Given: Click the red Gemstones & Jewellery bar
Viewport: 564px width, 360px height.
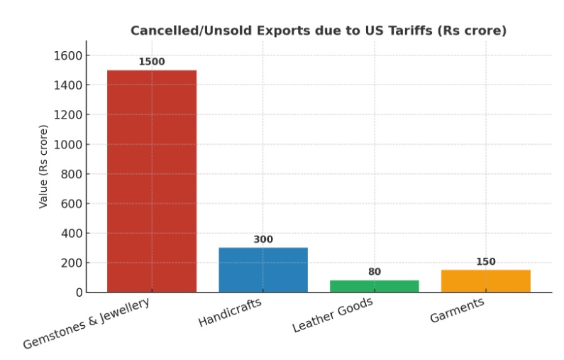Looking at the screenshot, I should tap(151, 181).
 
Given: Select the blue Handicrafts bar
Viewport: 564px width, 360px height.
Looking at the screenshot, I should tap(262, 270).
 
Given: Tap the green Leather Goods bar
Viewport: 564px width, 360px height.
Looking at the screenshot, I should tap(374, 286).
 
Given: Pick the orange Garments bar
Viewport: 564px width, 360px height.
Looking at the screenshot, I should tap(485, 281).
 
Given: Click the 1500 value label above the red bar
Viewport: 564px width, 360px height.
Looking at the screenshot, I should tap(151, 62).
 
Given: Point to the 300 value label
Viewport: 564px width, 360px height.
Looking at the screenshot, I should tap(262, 239).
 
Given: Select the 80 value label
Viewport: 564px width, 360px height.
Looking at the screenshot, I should tap(374, 272).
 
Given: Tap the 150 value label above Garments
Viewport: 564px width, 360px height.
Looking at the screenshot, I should tap(485, 261).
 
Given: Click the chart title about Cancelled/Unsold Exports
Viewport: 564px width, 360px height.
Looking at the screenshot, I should tap(318, 31).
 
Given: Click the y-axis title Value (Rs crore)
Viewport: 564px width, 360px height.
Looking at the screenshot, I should tap(44, 166).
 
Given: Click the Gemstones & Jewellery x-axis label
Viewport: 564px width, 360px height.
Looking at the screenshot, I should tap(87, 323).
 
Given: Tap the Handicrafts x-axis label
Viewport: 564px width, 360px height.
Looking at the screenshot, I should tap(230, 312).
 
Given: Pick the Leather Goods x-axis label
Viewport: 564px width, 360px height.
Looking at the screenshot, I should tap(333, 315).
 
